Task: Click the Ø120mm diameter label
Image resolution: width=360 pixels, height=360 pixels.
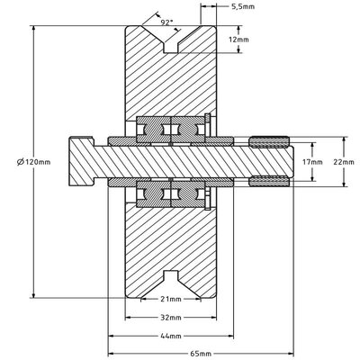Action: [x=33, y=162]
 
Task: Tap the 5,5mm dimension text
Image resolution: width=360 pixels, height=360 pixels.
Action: [x=243, y=6]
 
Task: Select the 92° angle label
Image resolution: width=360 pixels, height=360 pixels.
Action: [x=166, y=22]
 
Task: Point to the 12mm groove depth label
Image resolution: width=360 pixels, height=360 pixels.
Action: [x=238, y=40]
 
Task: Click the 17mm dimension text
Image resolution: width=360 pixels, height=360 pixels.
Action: [x=312, y=162]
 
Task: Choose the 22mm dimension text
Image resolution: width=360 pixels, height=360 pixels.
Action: [x=344, y=162]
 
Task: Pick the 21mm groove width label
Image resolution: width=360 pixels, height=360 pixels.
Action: [x=171, y=299]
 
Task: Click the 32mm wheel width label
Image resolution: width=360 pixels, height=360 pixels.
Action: [x=171, y=318]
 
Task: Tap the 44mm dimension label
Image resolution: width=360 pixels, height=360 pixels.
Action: [x=171, y=336]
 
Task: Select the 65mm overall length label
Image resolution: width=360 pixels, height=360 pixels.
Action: [x=201, y=353]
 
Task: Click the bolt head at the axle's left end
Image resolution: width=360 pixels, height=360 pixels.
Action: [x=81, y=162]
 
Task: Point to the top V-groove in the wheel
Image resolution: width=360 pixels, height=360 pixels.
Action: [x=171, y=39]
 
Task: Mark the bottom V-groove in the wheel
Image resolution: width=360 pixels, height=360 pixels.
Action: [x=171, y=284]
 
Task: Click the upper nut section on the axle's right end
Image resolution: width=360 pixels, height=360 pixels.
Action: [x=269, y=142]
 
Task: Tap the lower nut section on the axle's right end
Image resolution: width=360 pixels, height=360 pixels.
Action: [x=269, y=182]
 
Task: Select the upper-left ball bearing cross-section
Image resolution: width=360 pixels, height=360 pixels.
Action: [x=154, y=130]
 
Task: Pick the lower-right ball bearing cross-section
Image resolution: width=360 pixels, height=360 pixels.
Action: [x=188, y=194]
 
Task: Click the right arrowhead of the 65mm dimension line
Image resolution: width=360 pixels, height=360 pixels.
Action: [x=290, y=353]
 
